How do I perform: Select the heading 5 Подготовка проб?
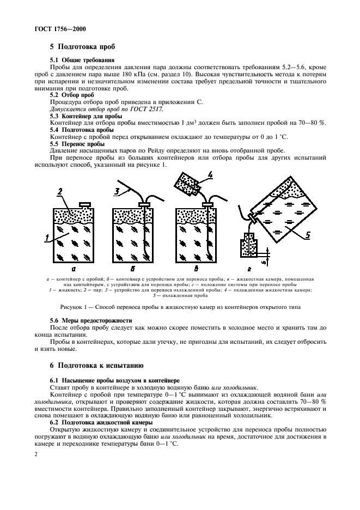(81, 47)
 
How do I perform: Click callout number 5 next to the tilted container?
(309, 235)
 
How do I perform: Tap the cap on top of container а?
(84, 204)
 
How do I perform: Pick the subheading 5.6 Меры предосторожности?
(91, 320)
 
